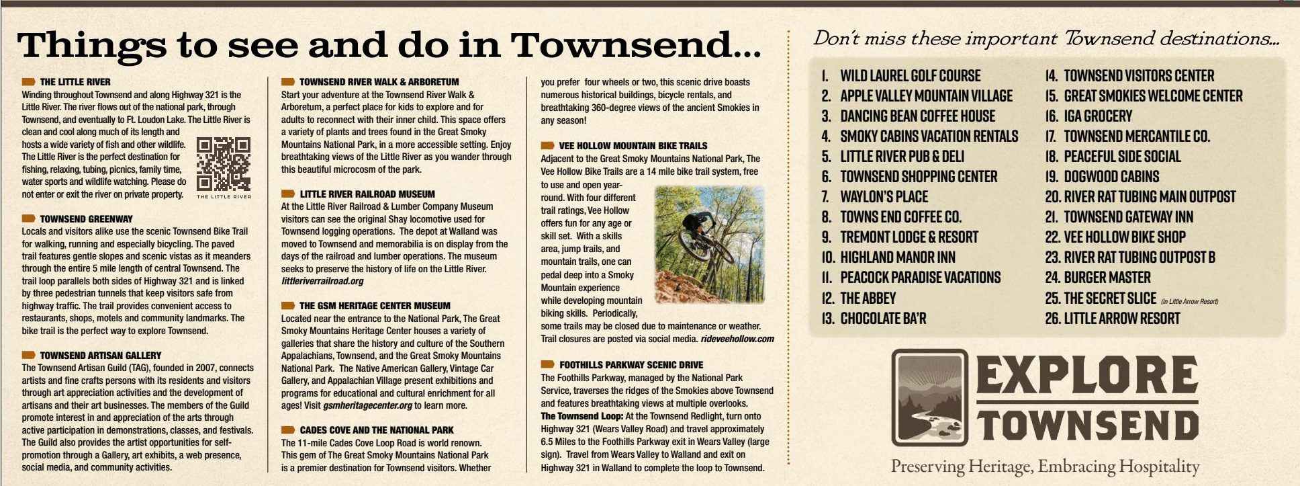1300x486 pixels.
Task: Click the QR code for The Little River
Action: click(x=224, y=163)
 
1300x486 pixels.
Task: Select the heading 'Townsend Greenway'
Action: click(x=86, y=218)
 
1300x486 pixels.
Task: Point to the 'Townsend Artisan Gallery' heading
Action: click(x=100, y=355)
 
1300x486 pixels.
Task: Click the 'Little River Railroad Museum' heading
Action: click(x=367, y=194)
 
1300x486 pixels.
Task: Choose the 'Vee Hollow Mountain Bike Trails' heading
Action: click(x=633, y=145)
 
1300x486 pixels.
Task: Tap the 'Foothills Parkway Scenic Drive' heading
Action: click(x=631, y=365)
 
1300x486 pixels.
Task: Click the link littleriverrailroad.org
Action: click(x=322, y=281)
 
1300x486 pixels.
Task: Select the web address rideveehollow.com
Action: click(x=737, y=339)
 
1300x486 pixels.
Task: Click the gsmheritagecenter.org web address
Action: click(x=367, y=405)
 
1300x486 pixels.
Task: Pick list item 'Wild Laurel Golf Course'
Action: click(x=910, y=76)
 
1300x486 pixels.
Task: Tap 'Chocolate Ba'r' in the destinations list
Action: click(x=883, y=318)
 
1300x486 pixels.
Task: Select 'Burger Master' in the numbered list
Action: click(x=1107, y=278)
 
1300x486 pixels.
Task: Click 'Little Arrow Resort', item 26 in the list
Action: click(x=1121, y=318)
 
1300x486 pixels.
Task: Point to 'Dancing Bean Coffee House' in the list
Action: click(x=917, y=116)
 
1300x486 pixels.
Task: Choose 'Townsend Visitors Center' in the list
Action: click(x=1138, y=76)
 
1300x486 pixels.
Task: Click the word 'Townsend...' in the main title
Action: click(x=635, y=44)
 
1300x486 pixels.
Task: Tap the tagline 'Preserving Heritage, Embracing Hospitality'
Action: click(x=1045, y=466)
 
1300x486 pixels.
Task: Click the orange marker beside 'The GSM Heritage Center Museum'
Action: click(x=288, y=306)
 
